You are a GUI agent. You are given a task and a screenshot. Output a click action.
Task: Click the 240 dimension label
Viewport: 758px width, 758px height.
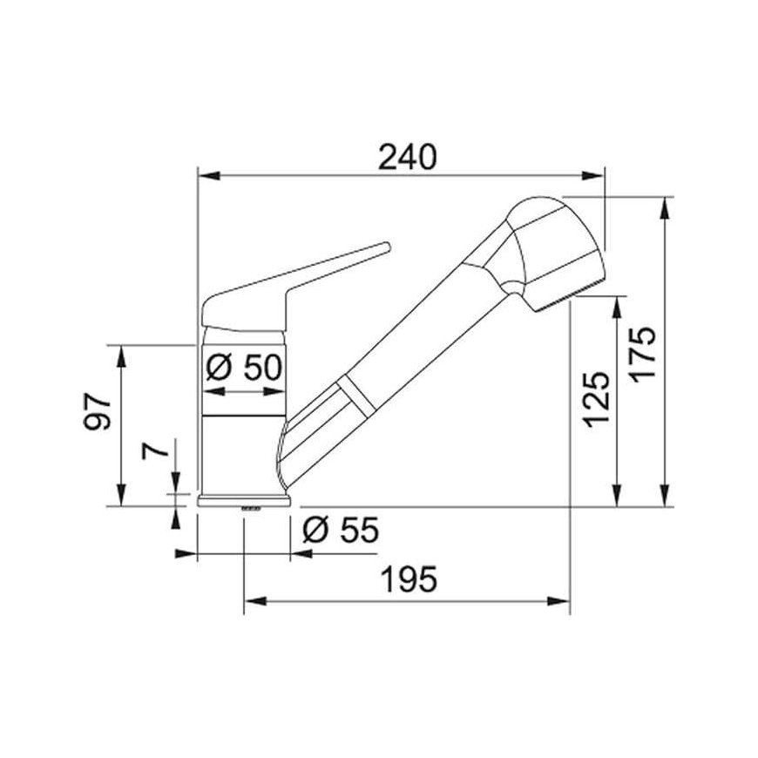[407, 157]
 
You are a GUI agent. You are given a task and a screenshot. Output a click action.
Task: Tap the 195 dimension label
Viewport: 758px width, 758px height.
[409, 579]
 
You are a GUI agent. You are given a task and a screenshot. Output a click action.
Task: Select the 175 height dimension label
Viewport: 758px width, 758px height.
[645, 355]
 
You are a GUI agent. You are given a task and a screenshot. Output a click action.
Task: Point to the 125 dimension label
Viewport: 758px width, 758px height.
[596, 400]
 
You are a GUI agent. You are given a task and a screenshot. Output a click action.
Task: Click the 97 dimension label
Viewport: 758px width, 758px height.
[98, 411]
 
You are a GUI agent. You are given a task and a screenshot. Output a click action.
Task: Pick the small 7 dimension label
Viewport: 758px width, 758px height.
[155, 450]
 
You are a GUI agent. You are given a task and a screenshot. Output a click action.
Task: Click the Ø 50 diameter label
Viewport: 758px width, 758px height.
[244, 368]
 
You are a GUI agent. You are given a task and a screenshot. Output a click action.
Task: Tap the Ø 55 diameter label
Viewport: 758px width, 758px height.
[341, 531]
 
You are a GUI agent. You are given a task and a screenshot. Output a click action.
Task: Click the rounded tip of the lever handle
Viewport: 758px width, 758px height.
[385, 246]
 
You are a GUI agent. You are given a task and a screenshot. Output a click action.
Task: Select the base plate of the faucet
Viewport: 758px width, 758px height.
[245, 501]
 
